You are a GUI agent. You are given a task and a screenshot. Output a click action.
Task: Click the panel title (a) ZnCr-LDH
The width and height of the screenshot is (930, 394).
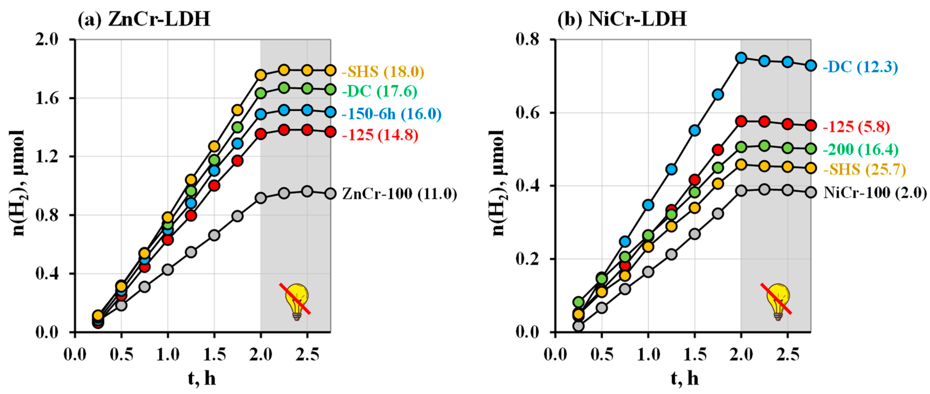click(144, 19)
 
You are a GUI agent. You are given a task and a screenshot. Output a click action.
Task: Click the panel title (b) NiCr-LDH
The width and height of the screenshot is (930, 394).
click(622, 19)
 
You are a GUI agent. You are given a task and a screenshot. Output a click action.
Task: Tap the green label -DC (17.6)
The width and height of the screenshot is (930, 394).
click(379, 91)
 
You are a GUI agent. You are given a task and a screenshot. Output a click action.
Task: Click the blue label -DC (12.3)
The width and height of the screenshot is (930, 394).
click(860, 67)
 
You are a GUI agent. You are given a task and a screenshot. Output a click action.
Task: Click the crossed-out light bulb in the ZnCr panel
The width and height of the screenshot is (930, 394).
click(296, 301)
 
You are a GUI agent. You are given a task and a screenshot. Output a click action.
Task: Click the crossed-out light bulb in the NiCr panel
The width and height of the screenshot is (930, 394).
click(778, 301)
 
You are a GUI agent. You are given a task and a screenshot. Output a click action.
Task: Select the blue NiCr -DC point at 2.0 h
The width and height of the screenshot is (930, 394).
click(741, 58)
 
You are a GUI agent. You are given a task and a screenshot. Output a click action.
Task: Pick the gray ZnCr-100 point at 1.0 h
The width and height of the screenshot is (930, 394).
click(168, 270)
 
